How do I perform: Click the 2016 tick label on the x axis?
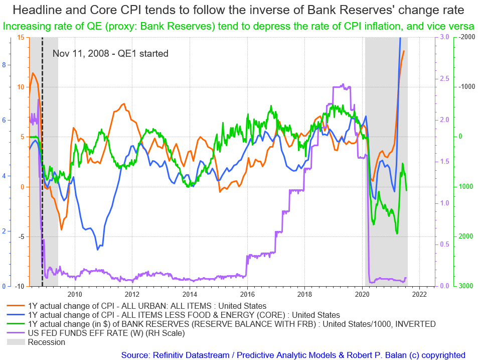[x=247, y=294]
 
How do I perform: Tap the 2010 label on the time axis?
[x=75, y=294]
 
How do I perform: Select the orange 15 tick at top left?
[x=20, y=38]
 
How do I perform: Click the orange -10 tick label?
[x=19, y=286]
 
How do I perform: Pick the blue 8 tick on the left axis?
[x=4, y=65]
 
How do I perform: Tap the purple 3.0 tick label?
[x=444, y=38]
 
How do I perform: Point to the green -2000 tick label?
[x=466, y=38]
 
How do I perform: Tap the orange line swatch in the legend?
[x=16, y=305]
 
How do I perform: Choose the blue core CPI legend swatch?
[x=16, y=315]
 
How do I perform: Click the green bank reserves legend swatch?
[x=16, y=324]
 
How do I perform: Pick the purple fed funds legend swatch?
[x=16, y=333]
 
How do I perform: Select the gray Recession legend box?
[x=16, y=342]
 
